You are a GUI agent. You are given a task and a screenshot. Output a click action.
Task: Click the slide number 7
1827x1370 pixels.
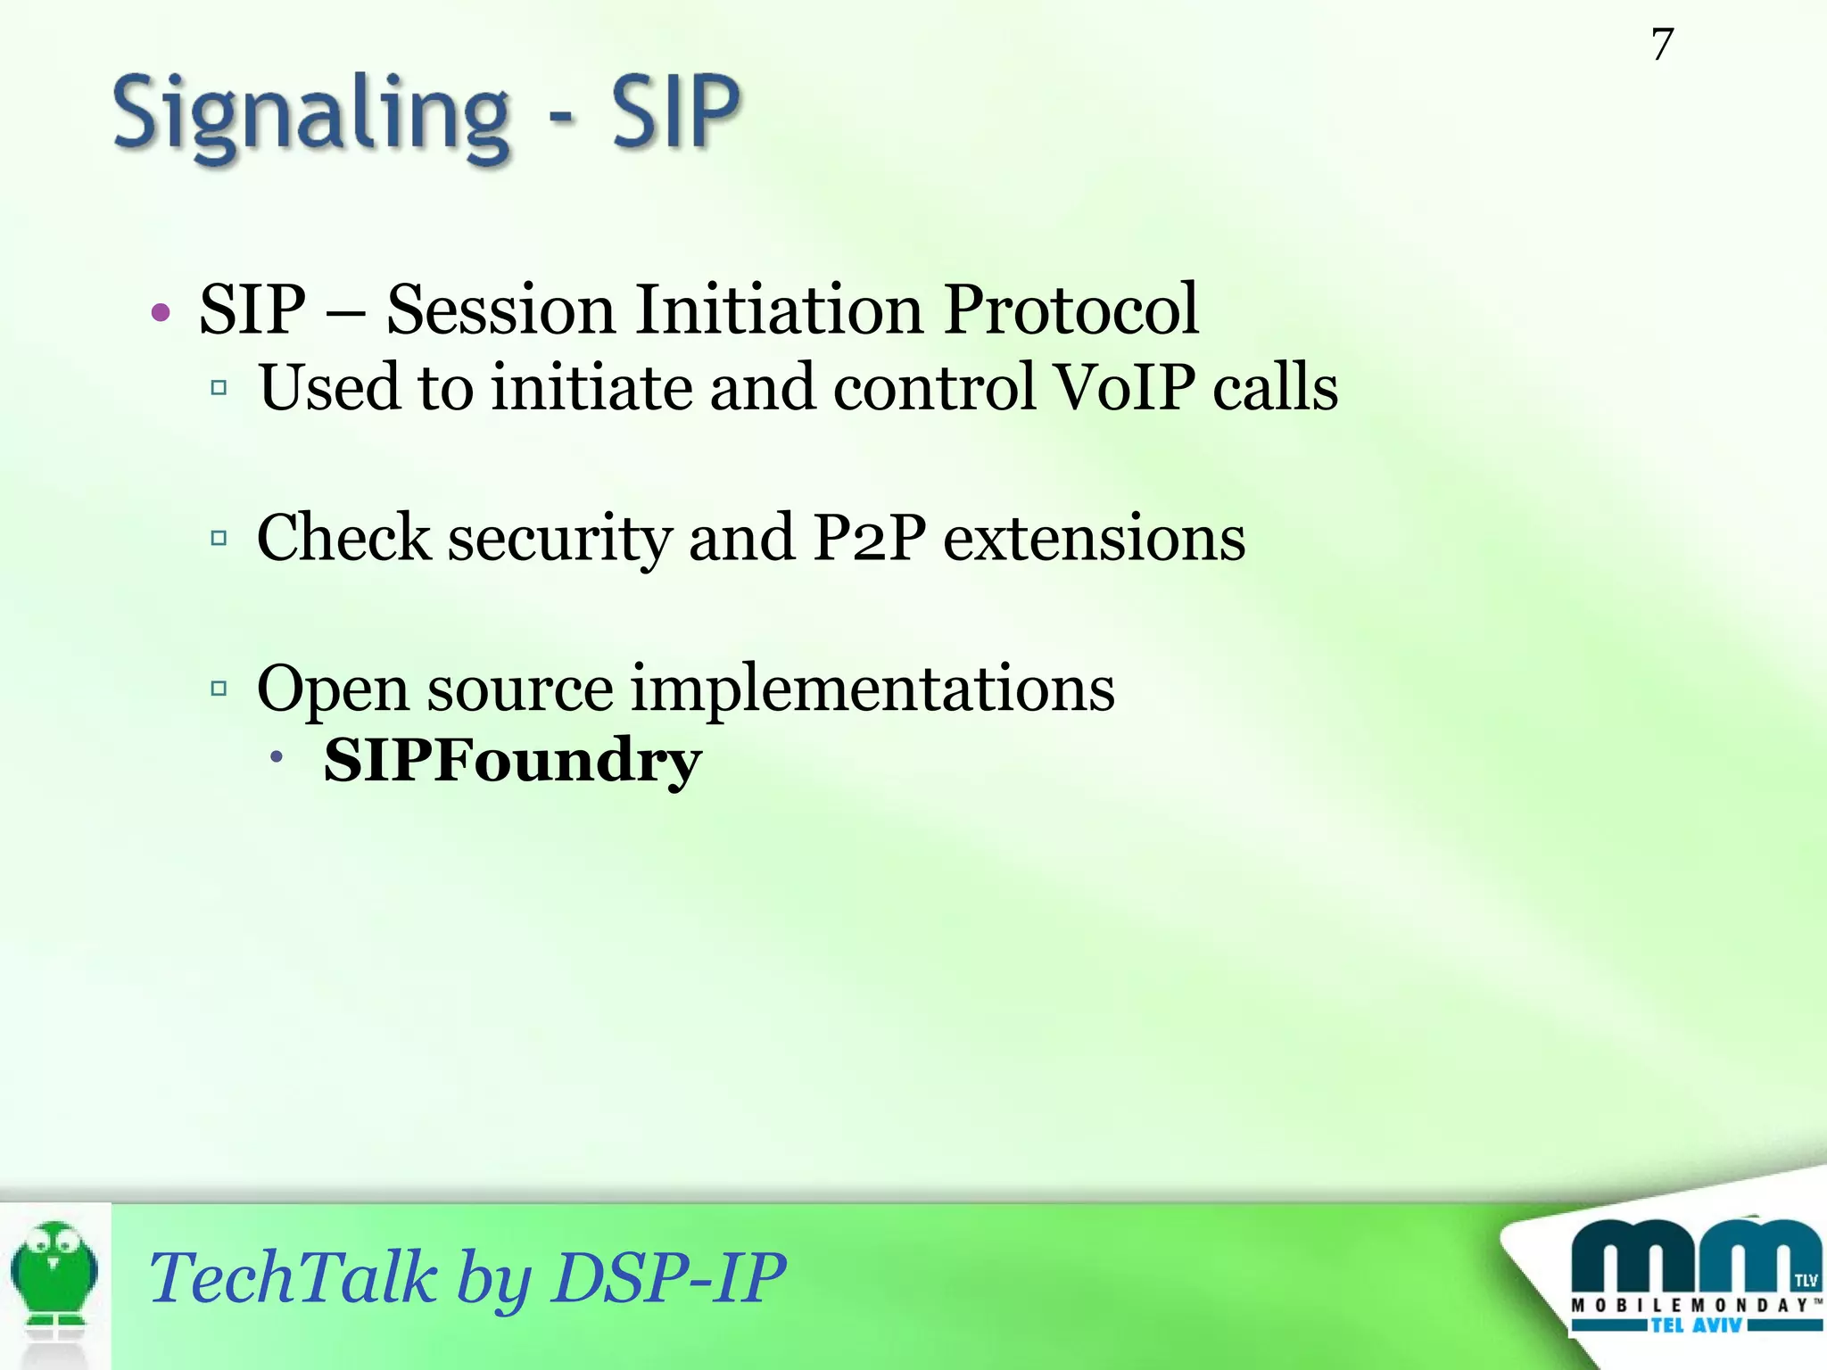pyautogui.click(x=1662, y=45)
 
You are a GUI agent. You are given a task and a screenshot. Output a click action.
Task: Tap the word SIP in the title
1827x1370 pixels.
pyautogui.click(x=675, y=112)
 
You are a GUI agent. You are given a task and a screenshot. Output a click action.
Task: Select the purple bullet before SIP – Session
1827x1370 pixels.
pyautogui.click(x=161, y=313)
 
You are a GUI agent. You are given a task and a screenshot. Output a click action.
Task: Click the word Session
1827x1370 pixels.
pyautogui.click(x=500, y=309)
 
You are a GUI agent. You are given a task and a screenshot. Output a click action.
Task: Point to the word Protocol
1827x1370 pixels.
pyautogui.click(x=1071, y=309)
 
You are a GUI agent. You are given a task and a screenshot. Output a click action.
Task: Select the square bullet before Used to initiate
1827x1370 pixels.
pyautogui.click(x=219, y=388)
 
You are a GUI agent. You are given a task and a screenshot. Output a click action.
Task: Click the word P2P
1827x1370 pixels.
pyautogui.click(x=869, y=538)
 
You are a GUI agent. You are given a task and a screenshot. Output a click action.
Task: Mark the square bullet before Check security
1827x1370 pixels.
pyautogui.click(x=219, y=538)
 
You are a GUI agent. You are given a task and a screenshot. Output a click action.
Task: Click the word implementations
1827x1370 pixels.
pyautogui.click(x=872, y=689)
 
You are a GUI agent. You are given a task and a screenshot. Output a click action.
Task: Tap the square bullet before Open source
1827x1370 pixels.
pyautogui.click(x=219, y=689)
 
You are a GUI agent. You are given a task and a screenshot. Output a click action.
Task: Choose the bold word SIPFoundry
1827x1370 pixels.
pyautogui.click(x=512, y=761)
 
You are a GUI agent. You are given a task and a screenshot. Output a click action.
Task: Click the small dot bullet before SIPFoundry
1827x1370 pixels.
pyautogui.click(x=277, y=757)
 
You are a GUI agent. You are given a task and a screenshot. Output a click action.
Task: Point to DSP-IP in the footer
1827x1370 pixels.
pyautogui.click(x=668, y=1277)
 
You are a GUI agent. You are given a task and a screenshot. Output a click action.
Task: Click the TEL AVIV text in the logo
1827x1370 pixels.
pyautogui.click(x=1696, y=1325)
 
